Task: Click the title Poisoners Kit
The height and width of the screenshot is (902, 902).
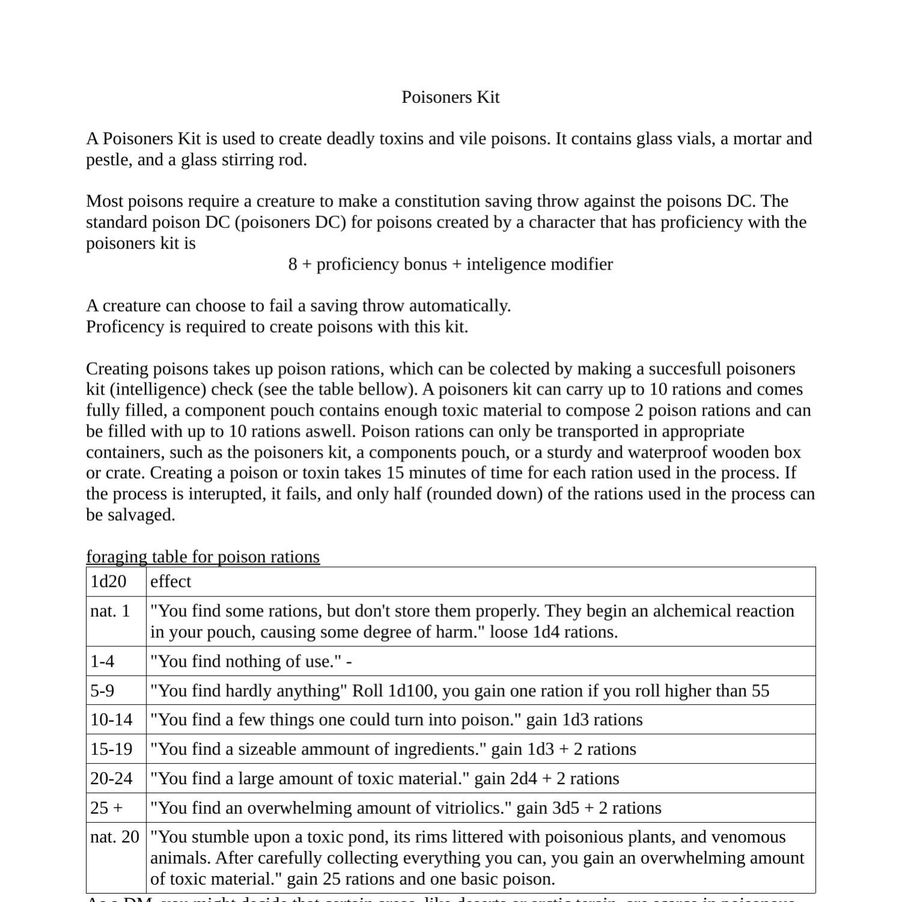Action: pos(450,97)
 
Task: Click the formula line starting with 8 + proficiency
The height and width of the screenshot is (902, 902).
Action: pos(450,265)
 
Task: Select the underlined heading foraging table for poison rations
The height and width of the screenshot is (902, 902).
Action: pos(203,557)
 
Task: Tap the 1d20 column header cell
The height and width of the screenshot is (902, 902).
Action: pos(109,581)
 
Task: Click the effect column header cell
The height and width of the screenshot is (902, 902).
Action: pos(171,581)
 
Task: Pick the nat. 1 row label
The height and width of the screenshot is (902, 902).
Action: pos(110,611)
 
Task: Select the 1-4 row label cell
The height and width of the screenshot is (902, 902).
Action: pos(102,661)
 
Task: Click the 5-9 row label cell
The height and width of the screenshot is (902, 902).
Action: pos(102,691)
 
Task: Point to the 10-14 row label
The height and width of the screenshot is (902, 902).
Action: pos(111,720)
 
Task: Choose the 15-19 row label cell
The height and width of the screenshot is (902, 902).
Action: pos(111,749)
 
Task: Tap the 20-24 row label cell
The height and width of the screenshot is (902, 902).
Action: pos(111,779)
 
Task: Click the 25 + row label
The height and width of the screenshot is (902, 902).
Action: pos(106,808)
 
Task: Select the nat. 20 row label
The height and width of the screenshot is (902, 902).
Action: pos(114,837)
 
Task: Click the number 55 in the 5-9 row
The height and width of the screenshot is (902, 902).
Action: pos(760,691)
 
